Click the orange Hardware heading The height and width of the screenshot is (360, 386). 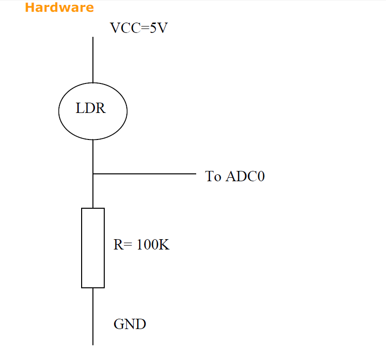59,7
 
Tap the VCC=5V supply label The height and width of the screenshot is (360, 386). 139,28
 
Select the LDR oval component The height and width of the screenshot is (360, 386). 92,111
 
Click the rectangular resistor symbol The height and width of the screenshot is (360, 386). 93,248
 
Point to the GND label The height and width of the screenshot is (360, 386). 130,324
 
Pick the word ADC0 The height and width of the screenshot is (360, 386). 245,176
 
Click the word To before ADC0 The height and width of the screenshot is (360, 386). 213,176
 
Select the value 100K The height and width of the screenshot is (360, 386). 153,245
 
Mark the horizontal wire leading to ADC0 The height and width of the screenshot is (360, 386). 145,173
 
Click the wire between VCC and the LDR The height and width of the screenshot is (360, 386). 93,59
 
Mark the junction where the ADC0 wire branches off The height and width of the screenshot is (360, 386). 93,173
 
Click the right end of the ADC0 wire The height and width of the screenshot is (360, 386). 195,173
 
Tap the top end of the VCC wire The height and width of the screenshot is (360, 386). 93,37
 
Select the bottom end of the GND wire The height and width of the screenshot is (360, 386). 93,344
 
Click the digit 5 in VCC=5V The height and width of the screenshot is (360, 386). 152,28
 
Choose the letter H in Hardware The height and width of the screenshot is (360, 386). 29,7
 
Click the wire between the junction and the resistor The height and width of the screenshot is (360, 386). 93,192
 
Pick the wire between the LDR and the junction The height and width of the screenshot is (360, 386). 93,156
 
